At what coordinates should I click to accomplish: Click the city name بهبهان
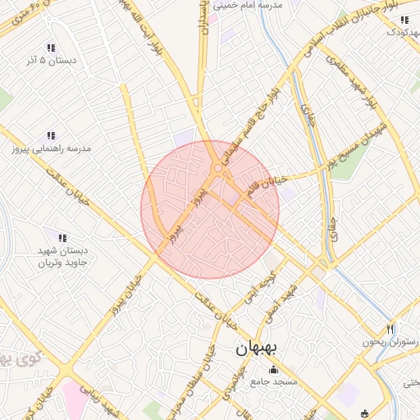point(257,348)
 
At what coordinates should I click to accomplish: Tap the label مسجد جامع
point(274,382)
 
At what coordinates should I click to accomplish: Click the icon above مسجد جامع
point(274,369)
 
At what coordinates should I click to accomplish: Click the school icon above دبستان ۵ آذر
point(51,48)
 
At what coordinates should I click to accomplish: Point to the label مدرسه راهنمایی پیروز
point(50,149)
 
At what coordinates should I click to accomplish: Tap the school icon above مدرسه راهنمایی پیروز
point(50,135)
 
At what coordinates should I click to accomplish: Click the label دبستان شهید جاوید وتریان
point(62,257)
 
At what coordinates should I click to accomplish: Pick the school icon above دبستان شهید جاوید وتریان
point(62,237)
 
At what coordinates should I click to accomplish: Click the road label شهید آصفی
point(286,304)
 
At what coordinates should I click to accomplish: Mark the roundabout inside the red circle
point(217,169)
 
